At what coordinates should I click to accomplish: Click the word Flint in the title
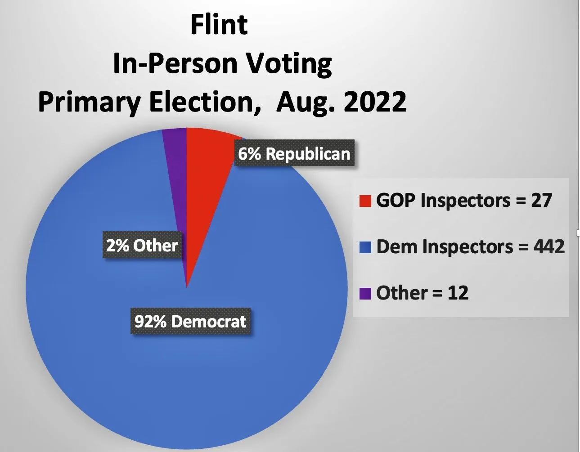pos(219,25)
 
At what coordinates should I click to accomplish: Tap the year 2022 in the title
pos(374,102)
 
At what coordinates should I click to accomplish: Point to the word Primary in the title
pos(89,103)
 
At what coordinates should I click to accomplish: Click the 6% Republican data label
pos(294,154)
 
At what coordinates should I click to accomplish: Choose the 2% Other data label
pos(142,246)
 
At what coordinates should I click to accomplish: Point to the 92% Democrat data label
pos(190,322)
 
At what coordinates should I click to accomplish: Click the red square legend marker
pos(365,201)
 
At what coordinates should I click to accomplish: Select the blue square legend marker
pos(365,247)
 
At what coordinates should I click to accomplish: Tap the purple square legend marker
pos(365,294)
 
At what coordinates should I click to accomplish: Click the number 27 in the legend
pos(541,201)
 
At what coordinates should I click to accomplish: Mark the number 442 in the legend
pos(549,247)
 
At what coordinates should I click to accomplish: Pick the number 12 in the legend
pos(458,293)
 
